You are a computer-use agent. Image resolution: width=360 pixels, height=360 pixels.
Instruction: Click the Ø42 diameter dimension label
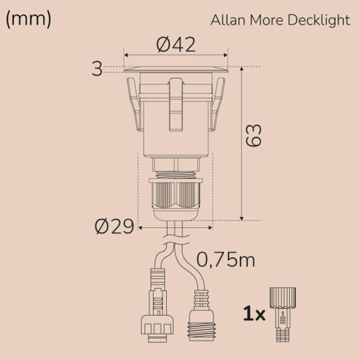point(176,45)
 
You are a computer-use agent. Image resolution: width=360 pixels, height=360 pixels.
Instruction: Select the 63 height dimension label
point(253,136)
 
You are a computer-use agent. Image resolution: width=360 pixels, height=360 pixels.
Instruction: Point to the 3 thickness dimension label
point(97,69)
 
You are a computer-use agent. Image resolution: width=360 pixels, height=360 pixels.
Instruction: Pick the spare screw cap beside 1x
point(283,313)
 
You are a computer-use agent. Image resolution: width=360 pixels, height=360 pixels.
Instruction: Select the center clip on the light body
point(176,104)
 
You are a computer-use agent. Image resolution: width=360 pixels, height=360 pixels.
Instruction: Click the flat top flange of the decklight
point(176,69)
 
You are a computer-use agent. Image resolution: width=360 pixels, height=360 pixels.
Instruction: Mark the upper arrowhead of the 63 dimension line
point(242,69)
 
